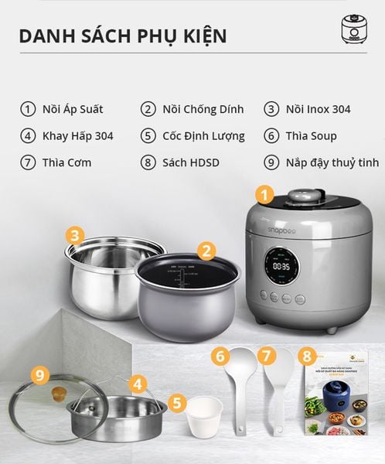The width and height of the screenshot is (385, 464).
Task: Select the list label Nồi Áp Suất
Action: [x=73, y=109]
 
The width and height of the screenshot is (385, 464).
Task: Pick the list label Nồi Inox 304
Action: [x=318, y=109]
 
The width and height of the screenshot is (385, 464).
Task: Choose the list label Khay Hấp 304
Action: [x=78, y=136]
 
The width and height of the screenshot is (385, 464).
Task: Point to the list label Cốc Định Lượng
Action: [x=203, y=136]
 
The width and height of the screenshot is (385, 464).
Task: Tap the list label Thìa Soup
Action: [x=312, y=136]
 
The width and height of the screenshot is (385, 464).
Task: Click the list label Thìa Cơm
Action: [x=67, y=162]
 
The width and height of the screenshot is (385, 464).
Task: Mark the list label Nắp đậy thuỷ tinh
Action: [x=332, y=162]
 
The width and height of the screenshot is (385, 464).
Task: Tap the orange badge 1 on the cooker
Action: [x=264, y=195]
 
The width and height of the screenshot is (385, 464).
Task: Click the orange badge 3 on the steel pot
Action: [x=74, y=235]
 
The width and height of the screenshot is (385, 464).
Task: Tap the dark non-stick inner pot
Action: [x=187, y=298]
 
